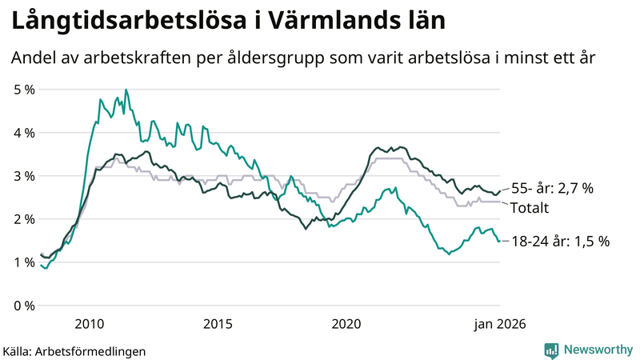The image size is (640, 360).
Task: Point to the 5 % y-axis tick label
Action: pyautogui.click(x=24, y=89)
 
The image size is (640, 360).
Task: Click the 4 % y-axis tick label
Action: pyautogui.click(x=24, y=132)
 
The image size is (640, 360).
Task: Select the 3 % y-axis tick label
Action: pyautogui.click(x=24, y=175)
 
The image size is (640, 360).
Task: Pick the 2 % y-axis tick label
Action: pyautogui.click(x=24, y=218)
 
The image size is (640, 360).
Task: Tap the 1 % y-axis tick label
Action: pyautogui.click(x=24, y=262)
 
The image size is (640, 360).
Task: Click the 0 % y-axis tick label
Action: pyautogui.click(x=24, y=305)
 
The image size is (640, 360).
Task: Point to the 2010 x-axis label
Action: pyautogui.click(x=89, y=323)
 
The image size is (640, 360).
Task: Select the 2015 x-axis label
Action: pyautogui.click(x=218, y=323)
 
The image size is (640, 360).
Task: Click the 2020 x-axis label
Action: pyautogui.click(x=346, y=323)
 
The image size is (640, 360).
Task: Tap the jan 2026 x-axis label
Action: pyautogui.click(x=500, y=323)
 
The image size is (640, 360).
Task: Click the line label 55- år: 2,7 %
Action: pyautogui.click(x=551, y=189)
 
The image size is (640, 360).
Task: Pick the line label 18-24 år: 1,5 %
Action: pyautogui.click(x=560, y=241)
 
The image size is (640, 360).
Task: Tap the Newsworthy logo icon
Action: pyautogui.click(x=552, y=350)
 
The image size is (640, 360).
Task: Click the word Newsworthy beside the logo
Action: pyautogui.click(x=598, y=350)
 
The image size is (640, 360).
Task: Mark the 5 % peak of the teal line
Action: pyautogui.click(x=126, y=90)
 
